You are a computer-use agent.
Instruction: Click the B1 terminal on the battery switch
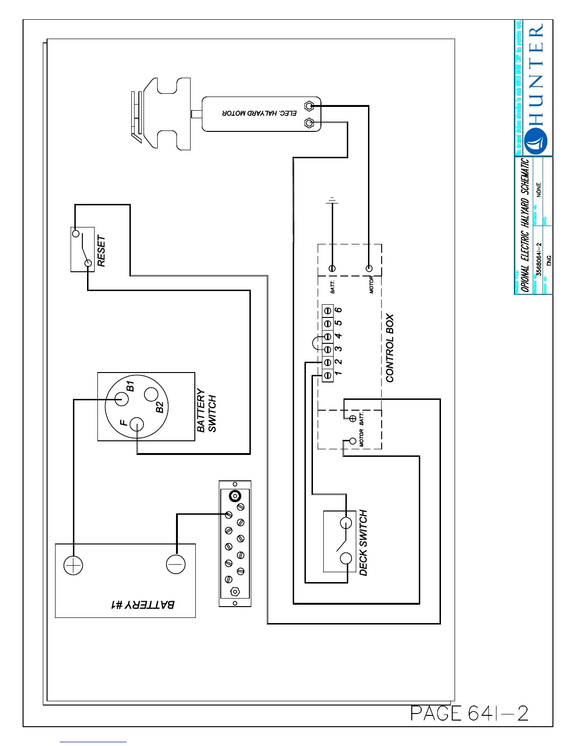[121, 399]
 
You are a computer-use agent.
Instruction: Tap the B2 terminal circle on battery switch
[151, 394]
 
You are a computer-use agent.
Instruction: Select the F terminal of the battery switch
[137, 425]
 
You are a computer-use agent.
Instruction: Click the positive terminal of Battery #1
[73, 565]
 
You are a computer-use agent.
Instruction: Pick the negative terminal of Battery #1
[176, 564]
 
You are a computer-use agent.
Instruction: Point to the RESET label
[101, 251]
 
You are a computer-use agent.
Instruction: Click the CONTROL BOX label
[390, 348]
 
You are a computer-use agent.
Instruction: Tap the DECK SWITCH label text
[363, 543]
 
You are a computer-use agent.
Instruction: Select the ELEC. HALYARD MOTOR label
[260, 114]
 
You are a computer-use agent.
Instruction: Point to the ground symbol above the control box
[332, 202]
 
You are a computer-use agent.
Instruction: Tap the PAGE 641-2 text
[469, 713]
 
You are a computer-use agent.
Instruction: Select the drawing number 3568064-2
[539, 259]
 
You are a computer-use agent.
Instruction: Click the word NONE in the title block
[539, 189]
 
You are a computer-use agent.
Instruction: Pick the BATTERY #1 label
[143, 604]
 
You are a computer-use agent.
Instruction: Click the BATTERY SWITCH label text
[207, 410]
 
